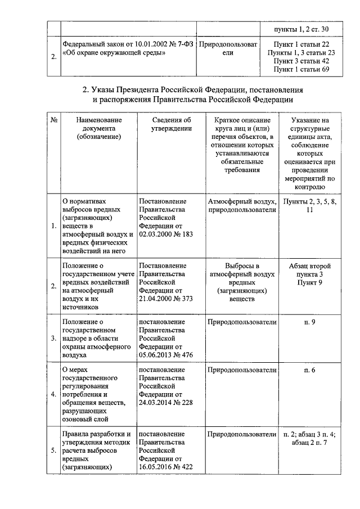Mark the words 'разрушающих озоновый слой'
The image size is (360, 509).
pos(90,415)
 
